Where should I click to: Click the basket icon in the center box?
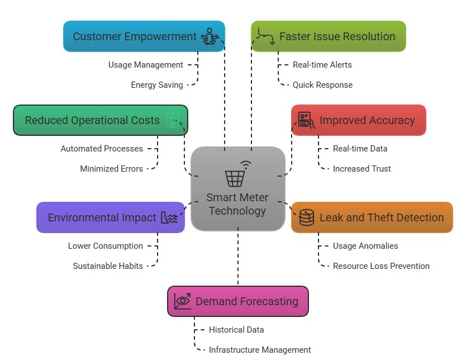(235, 177)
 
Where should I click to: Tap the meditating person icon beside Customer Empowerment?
(210, 36)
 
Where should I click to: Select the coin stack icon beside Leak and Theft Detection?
(306, 217)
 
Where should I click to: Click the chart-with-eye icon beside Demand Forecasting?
(183, 301)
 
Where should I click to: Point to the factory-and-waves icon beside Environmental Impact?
(169, 217)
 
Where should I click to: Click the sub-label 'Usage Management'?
(145, 65)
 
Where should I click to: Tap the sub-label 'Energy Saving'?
(157, 85)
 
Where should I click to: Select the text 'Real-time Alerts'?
(322, 65)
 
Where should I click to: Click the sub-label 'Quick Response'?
(322, 85)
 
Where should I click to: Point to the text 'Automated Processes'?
(102, 149)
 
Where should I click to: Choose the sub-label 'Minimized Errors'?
(111, 169)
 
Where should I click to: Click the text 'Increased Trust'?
(362, 169)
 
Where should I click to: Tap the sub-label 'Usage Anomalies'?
(365, 246)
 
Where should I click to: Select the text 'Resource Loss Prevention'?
(381, 266)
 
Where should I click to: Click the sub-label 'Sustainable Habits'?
(108, 266)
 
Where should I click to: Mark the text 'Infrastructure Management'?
(260, 350)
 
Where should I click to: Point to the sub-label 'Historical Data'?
(236, 330)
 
